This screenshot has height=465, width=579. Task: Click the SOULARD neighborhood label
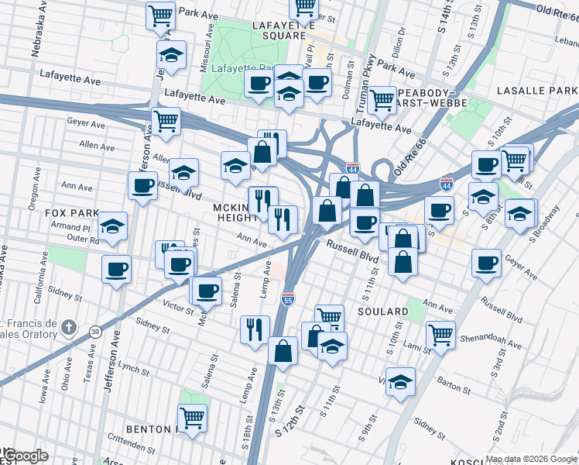tap(382, 311)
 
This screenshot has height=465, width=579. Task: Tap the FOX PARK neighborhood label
tap(71, 213)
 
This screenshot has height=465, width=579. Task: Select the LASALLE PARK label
tap(542, 91)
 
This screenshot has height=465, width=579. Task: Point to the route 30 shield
tap(94, 331)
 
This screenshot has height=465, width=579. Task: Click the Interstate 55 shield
tap(286, 298)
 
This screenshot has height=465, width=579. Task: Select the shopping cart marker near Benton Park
tap(191, 418)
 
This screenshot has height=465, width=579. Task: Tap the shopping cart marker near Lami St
tap(440, 335)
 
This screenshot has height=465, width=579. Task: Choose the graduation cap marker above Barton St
tap(399, 381)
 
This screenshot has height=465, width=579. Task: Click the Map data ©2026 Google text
tap(531, 458)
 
